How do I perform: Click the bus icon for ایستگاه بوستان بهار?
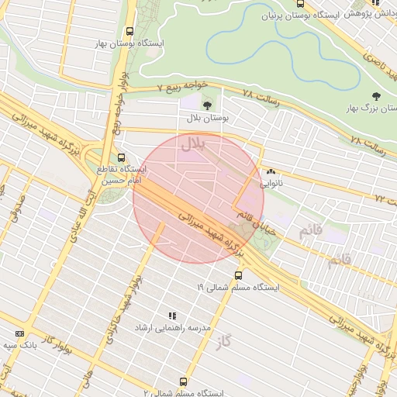pyautogui.click(x=129, y=32)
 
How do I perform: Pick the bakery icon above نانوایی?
pyautogui.click(x=271, y=172)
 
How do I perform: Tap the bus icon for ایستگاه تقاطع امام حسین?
pyautogui.click(x=120, y=157)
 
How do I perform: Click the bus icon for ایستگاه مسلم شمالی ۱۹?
pyautogui.click(x=238, y=274)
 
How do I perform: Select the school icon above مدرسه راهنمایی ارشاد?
pyautogui.click(x=172, y=316)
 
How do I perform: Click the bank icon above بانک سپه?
pyautogui.click(x=19, y=333)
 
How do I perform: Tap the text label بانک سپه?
pyautogui.click(x=20, y=344)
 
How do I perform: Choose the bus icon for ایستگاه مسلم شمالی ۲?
pyautogui.click(x=184, y=381)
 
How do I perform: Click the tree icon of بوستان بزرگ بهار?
pyautogui.click(x=376, y=96)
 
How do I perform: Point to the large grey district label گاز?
pyautogui.click(x=226, y=342)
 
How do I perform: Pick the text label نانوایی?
pyautogui.click(x=271, y=184)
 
